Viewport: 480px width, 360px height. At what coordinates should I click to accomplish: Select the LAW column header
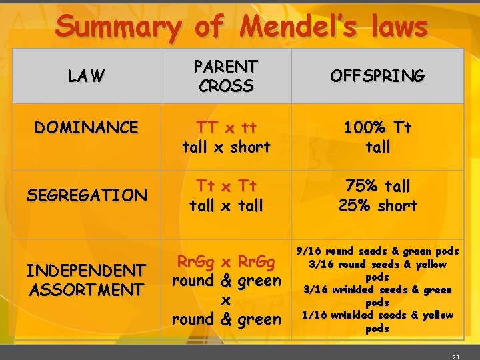86,77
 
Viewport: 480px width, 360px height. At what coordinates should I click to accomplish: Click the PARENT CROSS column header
226,76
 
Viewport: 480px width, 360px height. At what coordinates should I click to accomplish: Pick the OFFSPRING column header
377,76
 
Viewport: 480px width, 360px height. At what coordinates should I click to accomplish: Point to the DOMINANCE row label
87,127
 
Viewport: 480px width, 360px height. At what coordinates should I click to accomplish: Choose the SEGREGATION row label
87,195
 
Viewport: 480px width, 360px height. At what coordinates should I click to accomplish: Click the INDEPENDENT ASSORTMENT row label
86,280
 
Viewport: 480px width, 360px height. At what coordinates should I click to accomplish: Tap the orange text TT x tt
226,127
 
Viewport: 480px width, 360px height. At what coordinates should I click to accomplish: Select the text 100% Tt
377,127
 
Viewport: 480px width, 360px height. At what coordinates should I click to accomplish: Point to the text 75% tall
377,186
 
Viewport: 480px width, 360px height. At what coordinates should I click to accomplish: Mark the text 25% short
377,205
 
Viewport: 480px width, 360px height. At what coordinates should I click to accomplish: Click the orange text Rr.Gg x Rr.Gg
226,261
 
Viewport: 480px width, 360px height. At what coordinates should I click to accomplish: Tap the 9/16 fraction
309,251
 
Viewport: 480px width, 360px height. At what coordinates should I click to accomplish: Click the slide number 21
456,357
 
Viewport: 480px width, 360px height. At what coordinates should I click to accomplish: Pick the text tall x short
226,147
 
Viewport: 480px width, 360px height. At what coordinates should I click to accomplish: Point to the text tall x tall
226,206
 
